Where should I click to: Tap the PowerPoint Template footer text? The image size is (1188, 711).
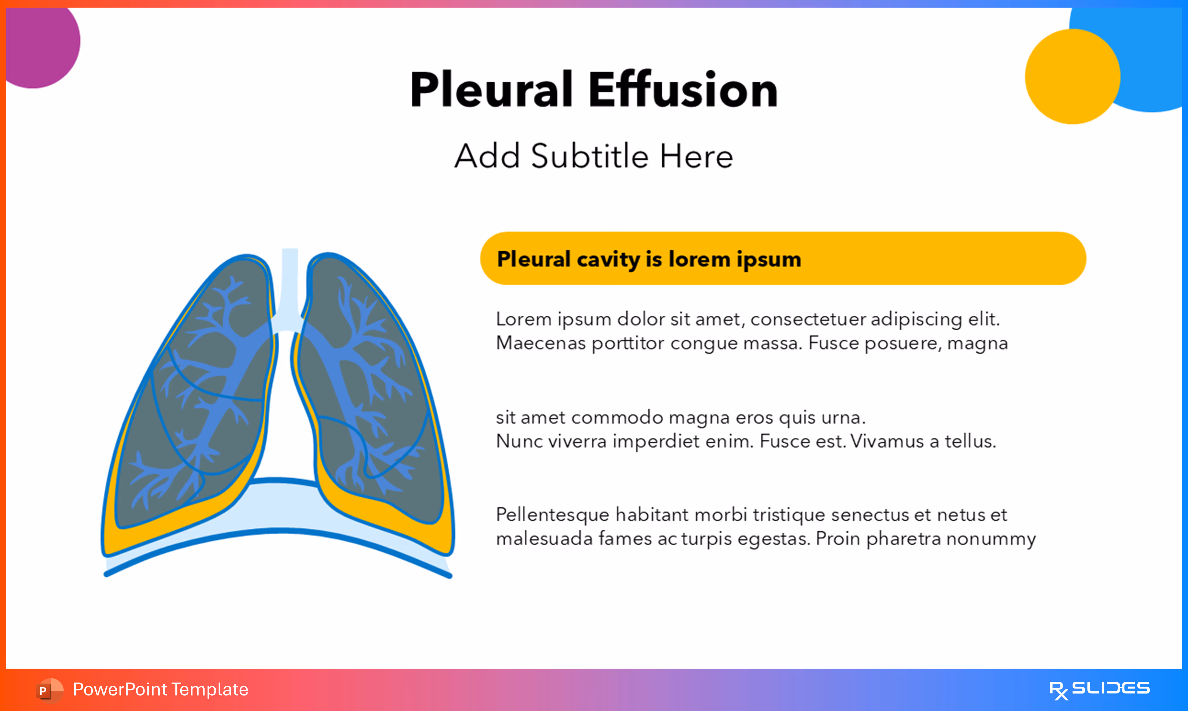(x=160, y=689)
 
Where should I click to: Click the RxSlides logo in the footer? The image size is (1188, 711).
(x=1099, y=689)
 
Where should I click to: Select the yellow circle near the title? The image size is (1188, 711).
(x=1072, y=77)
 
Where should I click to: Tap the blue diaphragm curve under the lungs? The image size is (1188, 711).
(x=278, y=532)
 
